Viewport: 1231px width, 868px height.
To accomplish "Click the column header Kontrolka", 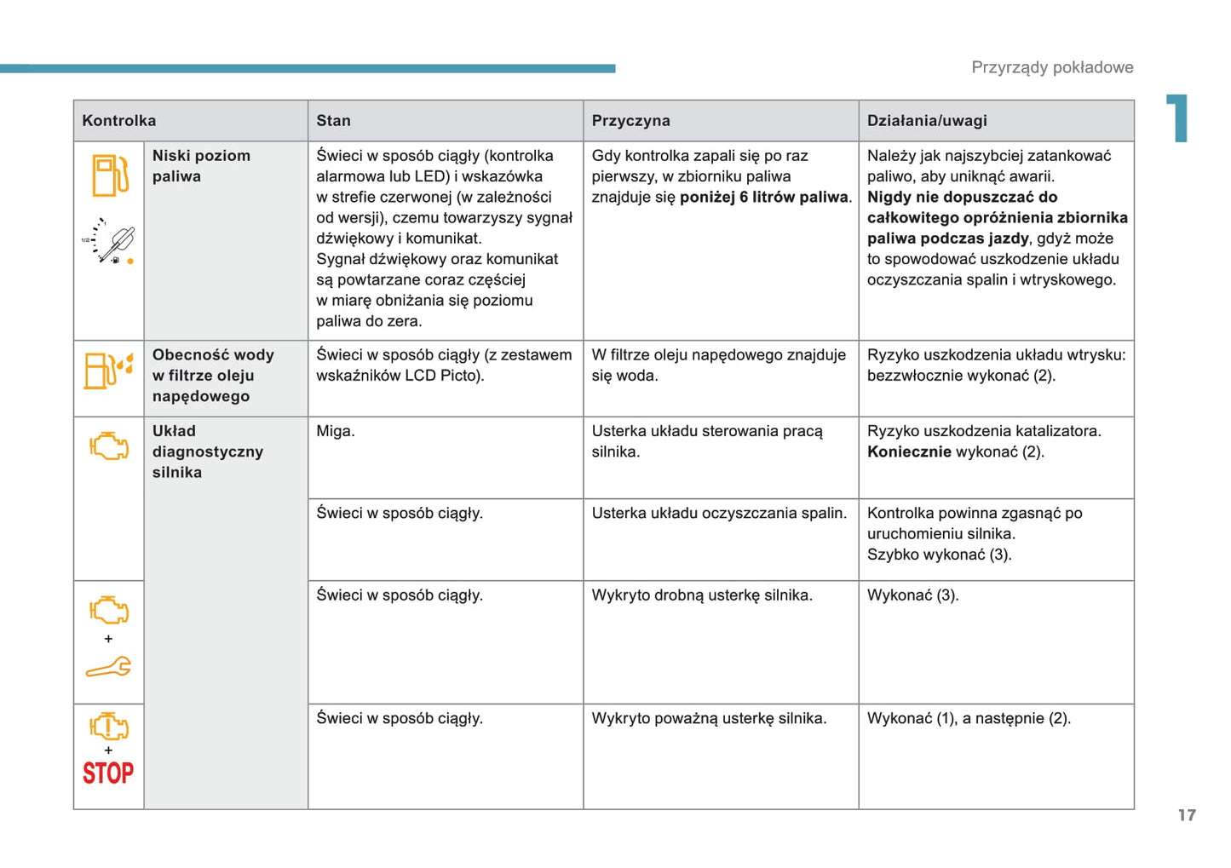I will coord(118,121).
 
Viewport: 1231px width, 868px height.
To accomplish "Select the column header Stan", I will coord(333,121).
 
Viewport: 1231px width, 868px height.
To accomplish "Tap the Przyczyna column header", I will coord(630,121).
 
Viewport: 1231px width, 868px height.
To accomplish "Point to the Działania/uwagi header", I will coord(927,121).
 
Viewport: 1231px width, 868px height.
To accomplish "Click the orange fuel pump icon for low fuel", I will coord(110,175).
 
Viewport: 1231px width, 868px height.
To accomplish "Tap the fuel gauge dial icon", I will coord(109,241).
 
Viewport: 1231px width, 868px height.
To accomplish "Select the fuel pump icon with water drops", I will coord(108,371).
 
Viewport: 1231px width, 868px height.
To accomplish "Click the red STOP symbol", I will coord(108,773).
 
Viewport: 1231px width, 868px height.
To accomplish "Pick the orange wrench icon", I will coord(108,668).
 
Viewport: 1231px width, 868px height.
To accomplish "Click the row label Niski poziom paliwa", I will coord(201,166).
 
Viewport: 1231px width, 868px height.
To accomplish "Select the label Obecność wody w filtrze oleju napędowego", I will coord(213,376).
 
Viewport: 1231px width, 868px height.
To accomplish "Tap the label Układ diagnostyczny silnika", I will coord(207,451).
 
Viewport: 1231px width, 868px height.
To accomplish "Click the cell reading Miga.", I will coord(336,431).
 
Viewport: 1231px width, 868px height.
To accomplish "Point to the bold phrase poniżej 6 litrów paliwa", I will coord(765,198).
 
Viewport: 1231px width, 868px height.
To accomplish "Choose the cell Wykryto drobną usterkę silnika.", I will coord(702,595).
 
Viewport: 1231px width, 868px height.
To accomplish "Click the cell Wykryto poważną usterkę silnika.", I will coord(709,718).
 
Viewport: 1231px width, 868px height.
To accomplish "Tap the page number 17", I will coord(1187,815).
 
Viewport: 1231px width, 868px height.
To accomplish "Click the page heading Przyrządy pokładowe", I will coord(1052,67).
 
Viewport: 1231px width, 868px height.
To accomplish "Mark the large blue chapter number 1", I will coord(1178,118).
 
